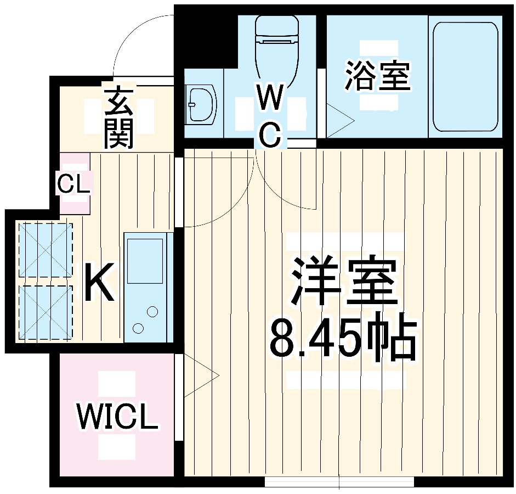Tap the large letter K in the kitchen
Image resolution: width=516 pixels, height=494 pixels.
pos(100,282)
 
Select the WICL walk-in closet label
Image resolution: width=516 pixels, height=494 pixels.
pos(117,417)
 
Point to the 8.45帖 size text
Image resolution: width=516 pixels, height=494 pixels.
pos(343,338)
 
